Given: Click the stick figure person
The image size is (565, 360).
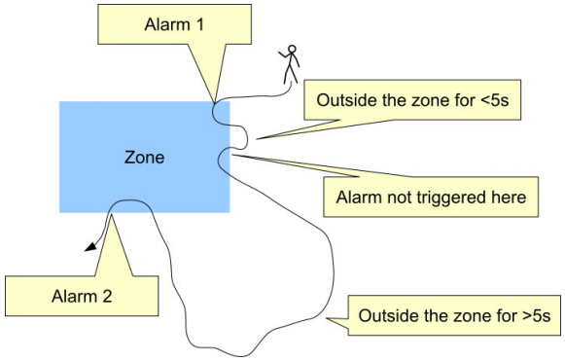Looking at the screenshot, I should (290, 65).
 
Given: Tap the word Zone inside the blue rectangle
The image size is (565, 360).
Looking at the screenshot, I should (144, 157).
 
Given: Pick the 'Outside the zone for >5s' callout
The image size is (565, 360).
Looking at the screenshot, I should (454, 316).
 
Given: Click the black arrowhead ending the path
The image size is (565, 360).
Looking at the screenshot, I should (90, 247).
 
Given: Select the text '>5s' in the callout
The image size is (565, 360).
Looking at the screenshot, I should (536, 316).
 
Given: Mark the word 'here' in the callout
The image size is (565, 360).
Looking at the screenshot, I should (507, 198).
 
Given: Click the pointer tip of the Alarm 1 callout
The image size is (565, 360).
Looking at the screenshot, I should (214, 100).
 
